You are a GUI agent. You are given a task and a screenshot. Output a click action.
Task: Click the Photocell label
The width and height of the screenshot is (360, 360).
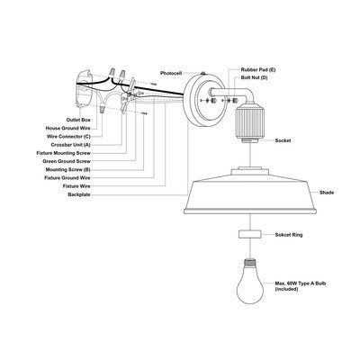point(171,73)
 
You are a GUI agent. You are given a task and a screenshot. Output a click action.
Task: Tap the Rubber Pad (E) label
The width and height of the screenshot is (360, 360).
point(258,69)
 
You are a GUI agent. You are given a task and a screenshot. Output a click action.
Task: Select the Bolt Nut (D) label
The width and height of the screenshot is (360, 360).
point(255,77)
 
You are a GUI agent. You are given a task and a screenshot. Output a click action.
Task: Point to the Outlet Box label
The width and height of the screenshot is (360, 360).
point(78,120)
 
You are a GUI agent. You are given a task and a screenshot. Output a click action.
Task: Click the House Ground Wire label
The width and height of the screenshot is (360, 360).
point(68,128)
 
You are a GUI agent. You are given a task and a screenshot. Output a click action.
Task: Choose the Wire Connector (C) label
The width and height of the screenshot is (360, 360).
point(68,137)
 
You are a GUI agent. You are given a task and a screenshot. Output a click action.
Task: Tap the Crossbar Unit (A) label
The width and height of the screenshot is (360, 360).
point(70,145)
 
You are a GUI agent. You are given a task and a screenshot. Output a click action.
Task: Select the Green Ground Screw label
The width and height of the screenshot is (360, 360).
point(67,161)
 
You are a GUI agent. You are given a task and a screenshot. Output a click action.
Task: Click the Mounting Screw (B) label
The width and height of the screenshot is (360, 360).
point(68,169)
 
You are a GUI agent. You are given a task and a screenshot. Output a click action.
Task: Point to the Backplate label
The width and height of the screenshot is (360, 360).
point(79,194)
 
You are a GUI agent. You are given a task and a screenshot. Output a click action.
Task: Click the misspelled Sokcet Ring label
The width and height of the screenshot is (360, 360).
point(289,235)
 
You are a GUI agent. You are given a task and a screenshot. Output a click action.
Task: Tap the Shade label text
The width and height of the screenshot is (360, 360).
point(327,193)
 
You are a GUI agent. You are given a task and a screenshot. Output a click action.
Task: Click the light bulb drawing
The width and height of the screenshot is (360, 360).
point(250,281)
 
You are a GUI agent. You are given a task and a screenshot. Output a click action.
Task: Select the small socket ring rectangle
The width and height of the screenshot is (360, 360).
point(250,234)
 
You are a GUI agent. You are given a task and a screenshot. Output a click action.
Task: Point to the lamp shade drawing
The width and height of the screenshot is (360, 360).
point(250,191)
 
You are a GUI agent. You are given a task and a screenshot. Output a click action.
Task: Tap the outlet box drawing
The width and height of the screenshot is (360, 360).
point(83,88)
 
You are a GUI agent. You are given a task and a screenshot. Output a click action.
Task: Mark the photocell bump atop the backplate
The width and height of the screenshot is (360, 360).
point(202,73)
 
